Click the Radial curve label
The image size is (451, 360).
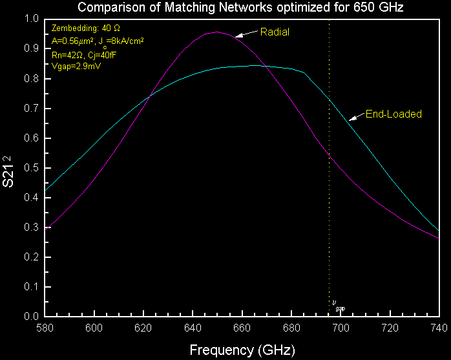[x=275, y=31]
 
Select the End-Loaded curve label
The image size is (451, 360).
[x=393, y=114]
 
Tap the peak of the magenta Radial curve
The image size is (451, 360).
[x=216, y=32]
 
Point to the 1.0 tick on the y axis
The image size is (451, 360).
[x=31, y=19]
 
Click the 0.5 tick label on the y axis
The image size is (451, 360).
[x=31, y=168]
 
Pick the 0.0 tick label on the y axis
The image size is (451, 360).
[x=31, y=317]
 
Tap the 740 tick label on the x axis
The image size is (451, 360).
[x=439, y=329]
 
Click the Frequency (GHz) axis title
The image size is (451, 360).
[x=242, y=350]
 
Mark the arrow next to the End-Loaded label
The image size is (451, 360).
[x=357, y=117]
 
